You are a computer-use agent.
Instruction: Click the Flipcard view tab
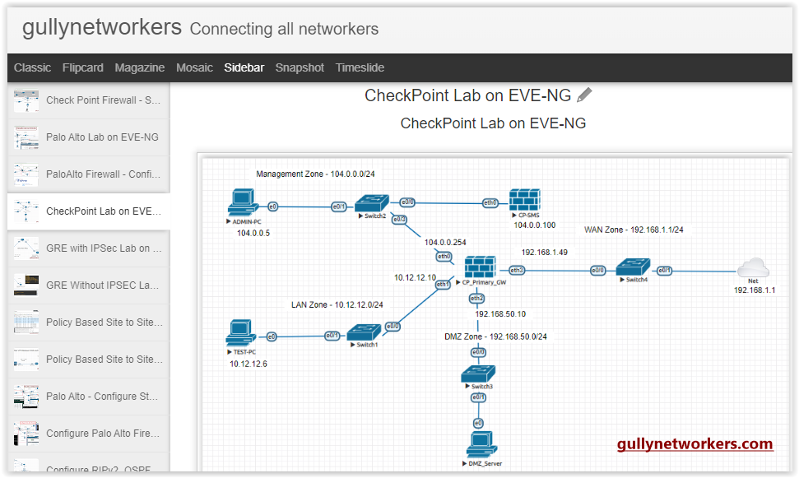coord(82,67)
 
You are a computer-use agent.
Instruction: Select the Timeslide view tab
coord(360,67)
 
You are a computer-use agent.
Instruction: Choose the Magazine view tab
coord(139,67)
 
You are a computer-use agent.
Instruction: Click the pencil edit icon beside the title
coord(584,95)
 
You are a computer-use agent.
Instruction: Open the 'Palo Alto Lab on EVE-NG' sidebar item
coord(102,137)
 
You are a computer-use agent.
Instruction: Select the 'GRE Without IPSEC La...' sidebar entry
coord(103,285)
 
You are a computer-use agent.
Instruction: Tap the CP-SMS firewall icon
coord(523,200)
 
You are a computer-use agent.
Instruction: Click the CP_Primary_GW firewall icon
coord(479,267)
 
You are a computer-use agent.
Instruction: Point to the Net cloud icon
coord(752,267)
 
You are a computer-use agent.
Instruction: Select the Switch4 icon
coord(634,267)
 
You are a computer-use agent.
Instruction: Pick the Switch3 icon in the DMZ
coord(478,373)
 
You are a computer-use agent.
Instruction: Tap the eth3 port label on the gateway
coord(517,270)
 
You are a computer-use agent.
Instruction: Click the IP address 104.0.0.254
coord(444,242)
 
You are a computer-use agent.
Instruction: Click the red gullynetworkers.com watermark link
coord(694,444)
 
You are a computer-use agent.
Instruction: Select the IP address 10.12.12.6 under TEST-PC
coord(249,364)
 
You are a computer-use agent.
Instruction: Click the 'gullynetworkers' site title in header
coord(101,27)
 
